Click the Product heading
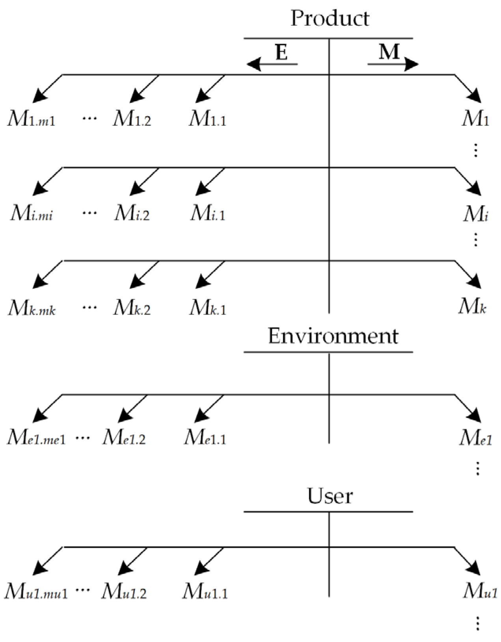click(330, 18)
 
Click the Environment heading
click(333, 336)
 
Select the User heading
click(330, 496)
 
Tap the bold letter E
click(281, 52)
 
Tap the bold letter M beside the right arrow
click(389, 52)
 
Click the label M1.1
click(208, 119)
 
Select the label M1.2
click(132, 119)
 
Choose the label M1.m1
click(32, 119)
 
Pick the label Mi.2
click(132, 213)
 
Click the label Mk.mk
click(32, 308)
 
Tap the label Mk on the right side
click(472, 306)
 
